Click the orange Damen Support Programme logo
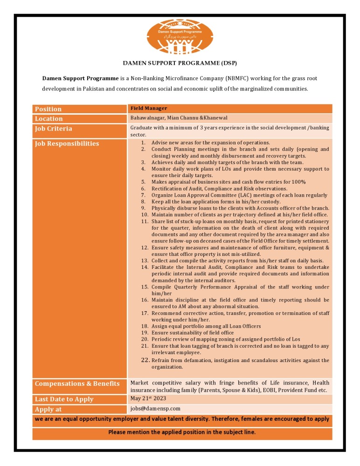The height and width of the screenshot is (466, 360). pos(180,37)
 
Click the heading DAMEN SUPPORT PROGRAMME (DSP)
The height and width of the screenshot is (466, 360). pos(180,63)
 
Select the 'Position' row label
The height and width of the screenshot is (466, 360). pos(48,109)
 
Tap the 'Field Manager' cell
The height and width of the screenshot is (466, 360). pos(149,109)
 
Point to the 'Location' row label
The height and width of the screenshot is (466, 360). pos(49,119)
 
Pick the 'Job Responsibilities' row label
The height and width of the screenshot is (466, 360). pos(67,144)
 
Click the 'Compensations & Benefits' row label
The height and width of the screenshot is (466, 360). pos(77,384)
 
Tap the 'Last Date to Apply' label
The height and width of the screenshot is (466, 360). pos(64,399)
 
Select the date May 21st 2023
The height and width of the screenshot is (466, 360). pos(148,398)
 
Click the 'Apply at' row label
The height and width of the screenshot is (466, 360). pos(48,410)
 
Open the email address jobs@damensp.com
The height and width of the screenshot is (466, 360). pos(155,409)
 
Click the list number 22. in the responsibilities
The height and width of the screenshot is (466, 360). pos(145,360)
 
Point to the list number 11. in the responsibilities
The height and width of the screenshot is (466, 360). pos(145,221)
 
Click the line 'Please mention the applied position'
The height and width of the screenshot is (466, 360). pos(182,432)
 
